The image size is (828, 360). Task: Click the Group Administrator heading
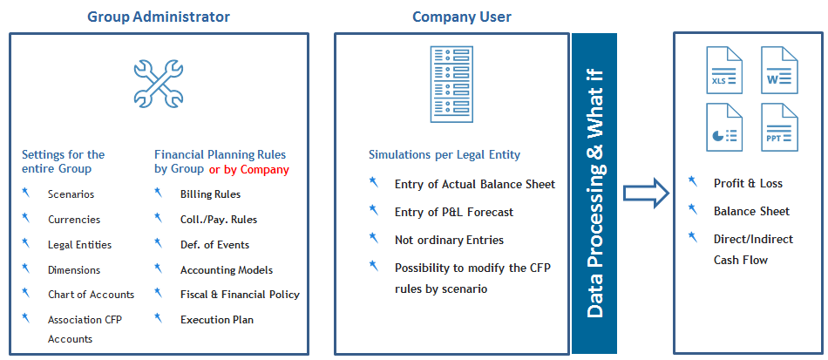(159, 17)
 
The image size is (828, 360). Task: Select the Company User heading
(462, 17)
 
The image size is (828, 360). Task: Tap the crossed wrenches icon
(159, 82)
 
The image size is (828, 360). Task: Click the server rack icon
(451, 84)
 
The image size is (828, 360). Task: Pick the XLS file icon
(724, 70)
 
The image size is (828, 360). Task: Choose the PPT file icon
(779, 127)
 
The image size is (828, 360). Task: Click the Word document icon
(779, 70)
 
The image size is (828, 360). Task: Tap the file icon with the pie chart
(724, 127)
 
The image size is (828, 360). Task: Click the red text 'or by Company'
(249, 170)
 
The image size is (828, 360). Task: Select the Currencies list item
(74, 220)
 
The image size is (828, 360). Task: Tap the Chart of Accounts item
(91, 295)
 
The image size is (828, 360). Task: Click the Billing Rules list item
(210, 194)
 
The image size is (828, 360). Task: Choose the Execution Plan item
(217, 320)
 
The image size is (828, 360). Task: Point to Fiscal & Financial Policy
(240, 295)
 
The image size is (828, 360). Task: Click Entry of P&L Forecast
(454, 212)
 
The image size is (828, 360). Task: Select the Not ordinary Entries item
(450, 241)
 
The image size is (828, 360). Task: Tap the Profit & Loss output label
(749, 184)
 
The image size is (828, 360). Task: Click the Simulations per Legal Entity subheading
(445, 155)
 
